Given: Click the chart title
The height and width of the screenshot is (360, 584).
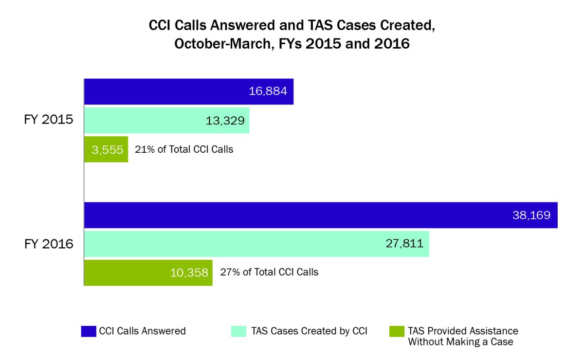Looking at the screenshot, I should pos(292,35).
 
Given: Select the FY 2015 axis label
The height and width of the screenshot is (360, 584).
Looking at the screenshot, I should pos(49,120).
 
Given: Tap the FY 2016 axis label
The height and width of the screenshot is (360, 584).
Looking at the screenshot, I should pos(49,243).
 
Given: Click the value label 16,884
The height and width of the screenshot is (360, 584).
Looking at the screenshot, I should pos(268,91).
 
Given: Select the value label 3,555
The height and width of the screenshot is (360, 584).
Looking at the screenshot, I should pos(105,149).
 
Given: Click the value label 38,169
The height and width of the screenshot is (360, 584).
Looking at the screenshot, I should pos(531,215).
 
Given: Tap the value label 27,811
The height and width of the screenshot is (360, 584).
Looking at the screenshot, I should pos(403,244).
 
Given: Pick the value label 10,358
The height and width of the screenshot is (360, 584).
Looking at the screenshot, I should pos(189,272).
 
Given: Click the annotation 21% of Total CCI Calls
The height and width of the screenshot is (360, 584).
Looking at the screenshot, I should pos(184,149).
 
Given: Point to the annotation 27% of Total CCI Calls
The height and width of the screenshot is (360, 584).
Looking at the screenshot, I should pos(269,272).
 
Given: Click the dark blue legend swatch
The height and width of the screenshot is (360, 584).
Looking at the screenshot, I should pos(88,331).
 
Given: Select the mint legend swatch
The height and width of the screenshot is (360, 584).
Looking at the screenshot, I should pos(238,331).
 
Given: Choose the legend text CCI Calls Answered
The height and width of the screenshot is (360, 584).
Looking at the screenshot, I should pos(142,331).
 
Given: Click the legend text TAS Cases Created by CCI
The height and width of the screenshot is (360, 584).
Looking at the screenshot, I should pos(309,331).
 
